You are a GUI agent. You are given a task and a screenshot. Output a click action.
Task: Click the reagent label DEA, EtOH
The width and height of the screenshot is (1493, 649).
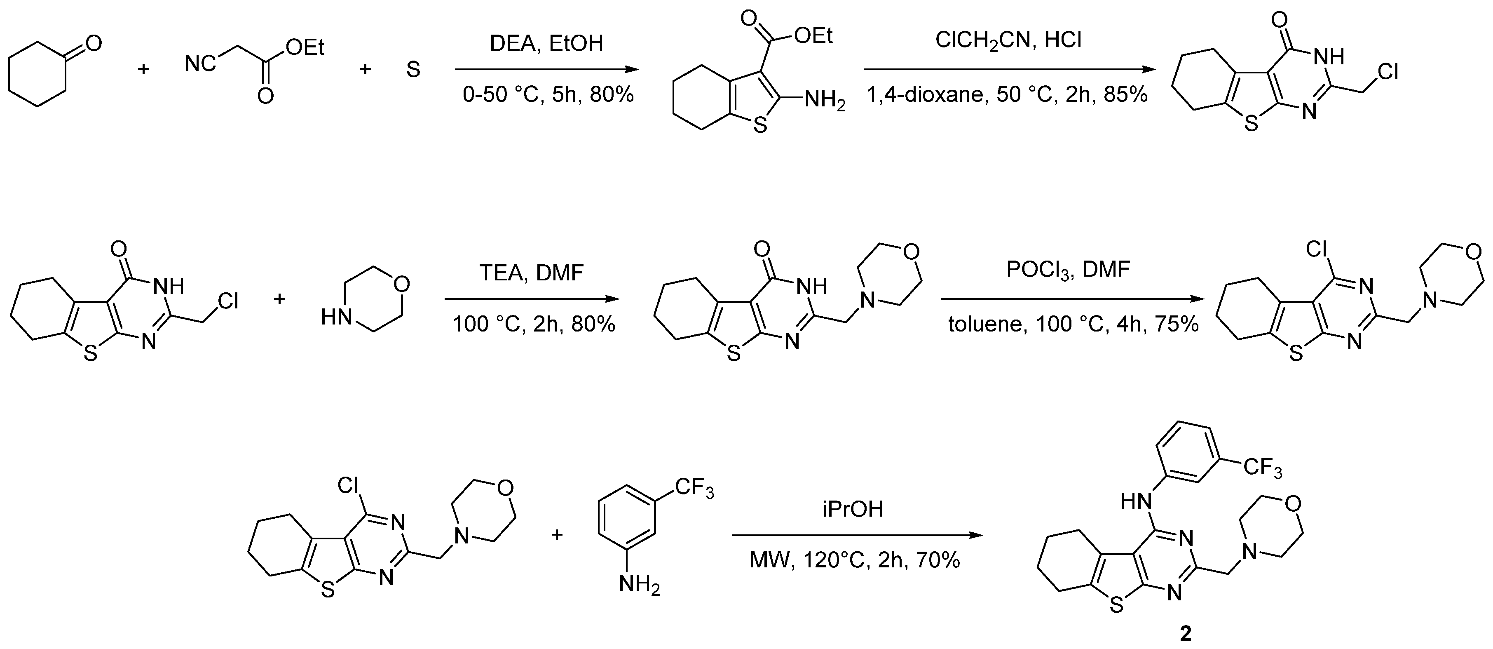pos(546,43)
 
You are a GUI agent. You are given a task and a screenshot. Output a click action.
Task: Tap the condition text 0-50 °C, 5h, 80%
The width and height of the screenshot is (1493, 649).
pos(548,94)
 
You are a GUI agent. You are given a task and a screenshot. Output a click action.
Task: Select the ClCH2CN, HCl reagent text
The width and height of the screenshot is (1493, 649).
pos(1008,40)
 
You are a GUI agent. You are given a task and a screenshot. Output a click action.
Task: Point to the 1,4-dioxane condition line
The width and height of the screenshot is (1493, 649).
pos(1007,94)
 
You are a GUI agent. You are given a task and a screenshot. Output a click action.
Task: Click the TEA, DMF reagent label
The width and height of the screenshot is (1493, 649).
pos(532,272)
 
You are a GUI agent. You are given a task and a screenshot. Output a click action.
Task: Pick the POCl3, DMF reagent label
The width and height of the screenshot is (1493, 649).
pos(1068,270)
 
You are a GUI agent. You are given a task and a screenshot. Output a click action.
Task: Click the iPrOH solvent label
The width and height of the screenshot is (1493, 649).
pos(853,509)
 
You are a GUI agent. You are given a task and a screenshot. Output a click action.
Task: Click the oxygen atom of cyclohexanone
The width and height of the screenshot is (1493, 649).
pos(93,43)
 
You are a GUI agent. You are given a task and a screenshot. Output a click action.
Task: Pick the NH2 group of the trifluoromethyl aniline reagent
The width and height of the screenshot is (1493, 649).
pos(639,585)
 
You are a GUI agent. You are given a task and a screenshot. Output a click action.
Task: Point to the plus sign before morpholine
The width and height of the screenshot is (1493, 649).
pos(279,299)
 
